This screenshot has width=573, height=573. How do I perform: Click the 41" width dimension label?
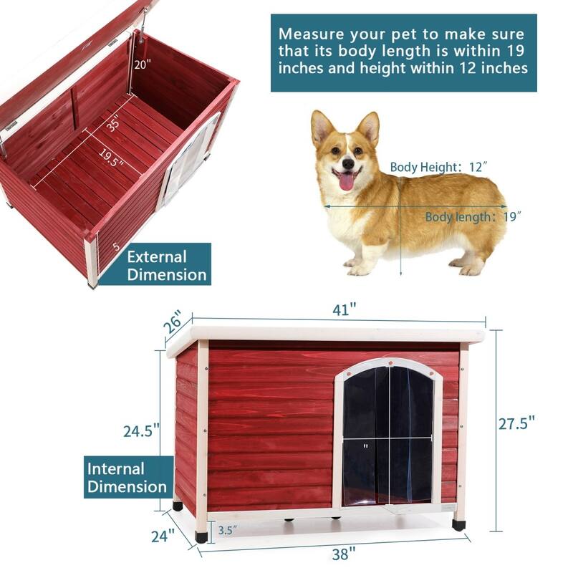coord(344,310)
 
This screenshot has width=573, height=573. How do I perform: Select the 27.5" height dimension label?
coord(517,423)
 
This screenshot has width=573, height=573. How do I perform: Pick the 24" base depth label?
coord(163,535)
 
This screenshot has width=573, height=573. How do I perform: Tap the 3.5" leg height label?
coord(228,531)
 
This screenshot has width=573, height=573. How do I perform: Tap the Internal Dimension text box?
coord(127,478)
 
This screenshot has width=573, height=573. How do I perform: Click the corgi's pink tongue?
coord(346,182)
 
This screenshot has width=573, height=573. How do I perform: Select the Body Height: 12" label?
coord(438,167)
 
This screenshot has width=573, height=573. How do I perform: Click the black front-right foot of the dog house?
coord(458,525)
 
